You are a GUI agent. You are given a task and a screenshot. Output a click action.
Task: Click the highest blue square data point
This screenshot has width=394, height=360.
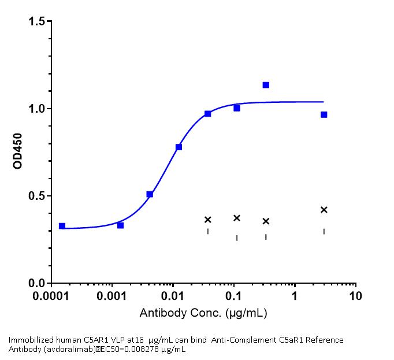coord(266,85)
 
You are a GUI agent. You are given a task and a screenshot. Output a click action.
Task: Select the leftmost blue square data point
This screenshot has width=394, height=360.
coord(62,226)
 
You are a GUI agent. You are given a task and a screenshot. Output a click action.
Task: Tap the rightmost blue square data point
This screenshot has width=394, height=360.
coord(324,114)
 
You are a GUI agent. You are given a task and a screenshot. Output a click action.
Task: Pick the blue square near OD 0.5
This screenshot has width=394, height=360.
coord(150,194)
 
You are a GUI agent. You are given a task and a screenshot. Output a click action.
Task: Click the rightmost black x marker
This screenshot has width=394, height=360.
coord(324,210)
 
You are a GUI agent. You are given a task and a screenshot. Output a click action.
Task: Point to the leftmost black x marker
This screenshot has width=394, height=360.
coord(208,220)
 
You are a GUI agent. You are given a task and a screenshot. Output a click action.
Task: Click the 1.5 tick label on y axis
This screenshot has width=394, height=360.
coord(38,21)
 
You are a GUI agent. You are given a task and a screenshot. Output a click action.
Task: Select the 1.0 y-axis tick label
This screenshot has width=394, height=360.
coord(38,109)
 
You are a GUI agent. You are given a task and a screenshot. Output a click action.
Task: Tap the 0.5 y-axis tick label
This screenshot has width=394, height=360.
coord(38,196)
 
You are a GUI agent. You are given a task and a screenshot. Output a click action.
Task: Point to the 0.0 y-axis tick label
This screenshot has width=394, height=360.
coord(38,283)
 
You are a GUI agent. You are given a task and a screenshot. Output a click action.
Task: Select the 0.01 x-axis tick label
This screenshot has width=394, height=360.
coord(173,296)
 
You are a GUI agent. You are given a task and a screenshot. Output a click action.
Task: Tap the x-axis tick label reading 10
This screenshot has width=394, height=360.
coord(356,296)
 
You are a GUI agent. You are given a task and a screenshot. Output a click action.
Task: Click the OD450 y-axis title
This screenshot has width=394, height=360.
coord(17,153)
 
